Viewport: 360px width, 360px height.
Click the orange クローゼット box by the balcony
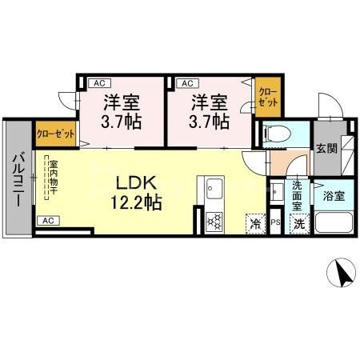click(x=55, y=134)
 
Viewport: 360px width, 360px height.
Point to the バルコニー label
click(x=17, y=179)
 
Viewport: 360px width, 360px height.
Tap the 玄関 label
click(x=325, y=148)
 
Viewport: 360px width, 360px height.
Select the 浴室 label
click(x=334, y=194)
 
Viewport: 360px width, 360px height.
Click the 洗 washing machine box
click(x=298, y=224)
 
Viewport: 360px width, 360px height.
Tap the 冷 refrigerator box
click(x=256, y=224)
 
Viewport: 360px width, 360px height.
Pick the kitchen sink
click(x=214, y=190)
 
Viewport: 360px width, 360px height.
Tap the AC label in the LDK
click(x=47, y=220)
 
